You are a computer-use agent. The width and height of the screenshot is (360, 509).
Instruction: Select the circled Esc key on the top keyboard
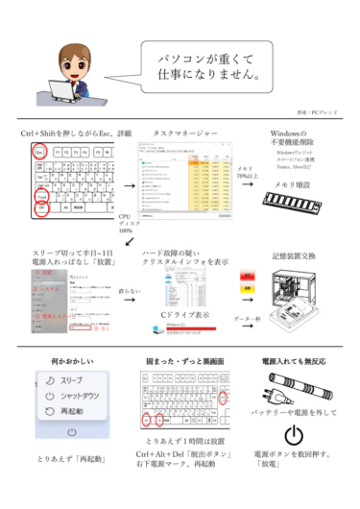point(40,153)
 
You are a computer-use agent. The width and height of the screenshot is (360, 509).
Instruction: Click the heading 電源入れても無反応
point(296,363)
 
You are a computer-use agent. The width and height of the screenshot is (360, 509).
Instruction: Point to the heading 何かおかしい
point(64,363)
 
